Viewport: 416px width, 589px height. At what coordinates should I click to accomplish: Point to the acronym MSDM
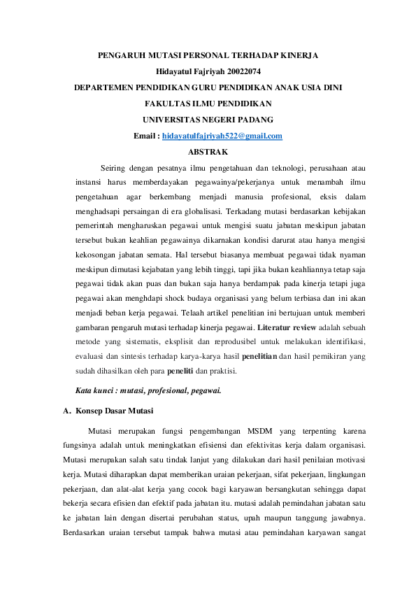261,430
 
